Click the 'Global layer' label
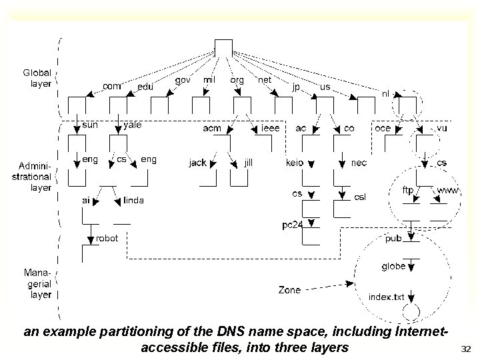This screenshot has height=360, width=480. click(37, 79)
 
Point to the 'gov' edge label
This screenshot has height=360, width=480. click(182, 79)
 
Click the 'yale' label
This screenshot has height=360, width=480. click(133, 125)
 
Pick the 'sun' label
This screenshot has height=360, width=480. click(91, 125)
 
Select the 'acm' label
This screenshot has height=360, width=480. click(212, 128)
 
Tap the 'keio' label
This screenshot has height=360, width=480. click(295, 162)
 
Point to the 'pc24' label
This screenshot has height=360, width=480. click(291, 225)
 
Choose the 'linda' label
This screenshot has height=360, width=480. click(133, 199)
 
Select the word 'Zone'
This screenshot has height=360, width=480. click(289, 290)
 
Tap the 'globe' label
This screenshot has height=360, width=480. click(393, 266)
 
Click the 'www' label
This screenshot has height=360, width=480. click(447, 190)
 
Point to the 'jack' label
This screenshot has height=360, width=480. click(197, 162)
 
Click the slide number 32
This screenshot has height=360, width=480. click(466, 347)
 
